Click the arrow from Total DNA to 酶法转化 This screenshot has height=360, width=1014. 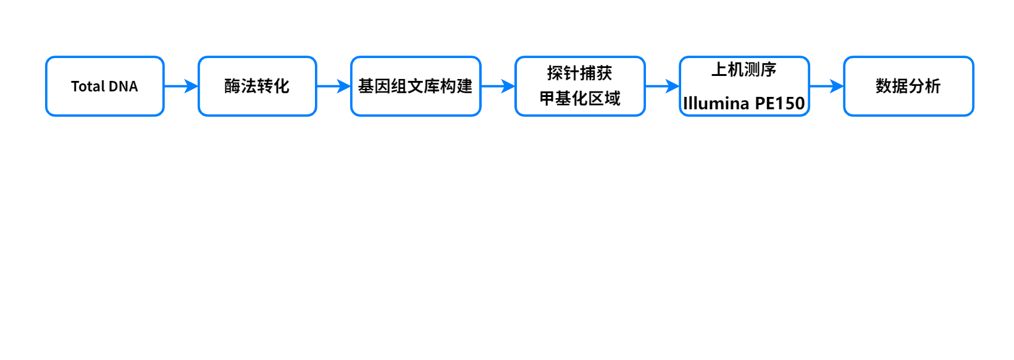(181, 86)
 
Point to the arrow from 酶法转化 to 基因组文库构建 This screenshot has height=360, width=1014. (333, 86)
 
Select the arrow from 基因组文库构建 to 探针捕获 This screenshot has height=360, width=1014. (498, 86)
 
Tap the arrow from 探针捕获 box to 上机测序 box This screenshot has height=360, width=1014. (662, 86)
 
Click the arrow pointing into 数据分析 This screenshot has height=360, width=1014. (827, 86)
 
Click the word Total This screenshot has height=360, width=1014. (88, 86)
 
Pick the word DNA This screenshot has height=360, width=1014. (123, 86)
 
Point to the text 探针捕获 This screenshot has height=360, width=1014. (579, 73)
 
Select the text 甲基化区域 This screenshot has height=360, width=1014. (580, 98)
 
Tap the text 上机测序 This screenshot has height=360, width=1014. (744, 70)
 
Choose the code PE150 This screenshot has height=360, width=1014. (780, 103)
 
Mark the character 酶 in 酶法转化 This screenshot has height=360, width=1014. (233, 86)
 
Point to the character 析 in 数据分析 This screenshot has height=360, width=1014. (933, 86)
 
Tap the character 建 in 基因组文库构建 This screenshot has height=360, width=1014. (464, 86)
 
